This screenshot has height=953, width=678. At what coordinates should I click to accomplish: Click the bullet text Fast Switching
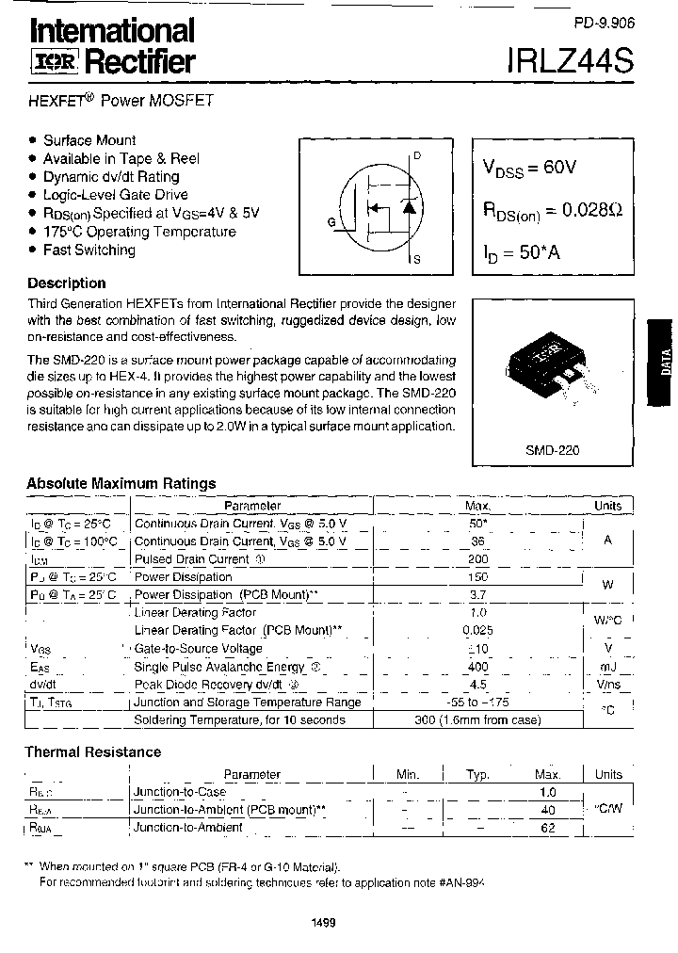[89, 250]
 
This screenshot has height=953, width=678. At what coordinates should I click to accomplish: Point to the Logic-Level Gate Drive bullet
[116, 195]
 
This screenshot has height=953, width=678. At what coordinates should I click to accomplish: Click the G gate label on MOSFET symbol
[331, 222]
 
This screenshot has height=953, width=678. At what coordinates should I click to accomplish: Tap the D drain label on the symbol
[417, 155]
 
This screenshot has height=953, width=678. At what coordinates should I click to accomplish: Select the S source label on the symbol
[417, 259]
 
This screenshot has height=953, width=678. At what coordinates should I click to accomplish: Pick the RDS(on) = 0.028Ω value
[552, 211]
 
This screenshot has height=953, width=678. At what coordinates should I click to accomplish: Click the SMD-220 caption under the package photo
[552, 450]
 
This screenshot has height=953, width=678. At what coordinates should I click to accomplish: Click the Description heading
[66, 283]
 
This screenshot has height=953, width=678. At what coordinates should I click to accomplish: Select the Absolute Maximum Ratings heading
[121, 483]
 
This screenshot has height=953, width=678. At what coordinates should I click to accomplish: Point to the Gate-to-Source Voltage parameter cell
[198, 649]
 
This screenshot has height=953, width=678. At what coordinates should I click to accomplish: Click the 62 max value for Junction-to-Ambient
[548, 828]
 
